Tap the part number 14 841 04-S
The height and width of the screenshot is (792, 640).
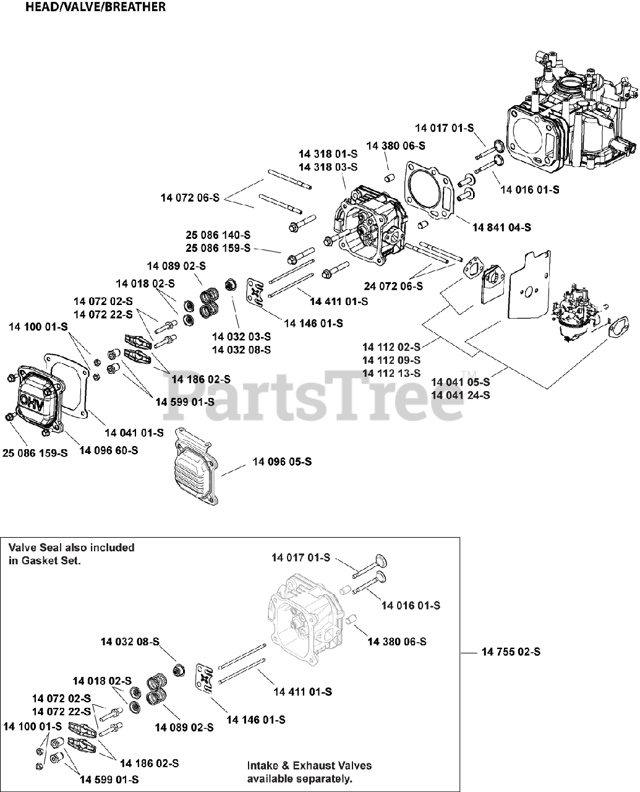click(501, 228)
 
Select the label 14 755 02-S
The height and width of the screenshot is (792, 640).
click(510, 652)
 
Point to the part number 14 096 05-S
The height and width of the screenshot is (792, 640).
click(282, 462)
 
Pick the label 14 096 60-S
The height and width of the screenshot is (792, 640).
click(108, 450)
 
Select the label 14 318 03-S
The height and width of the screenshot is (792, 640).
click(328, 168)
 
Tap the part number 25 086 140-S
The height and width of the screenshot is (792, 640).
click(218, 235)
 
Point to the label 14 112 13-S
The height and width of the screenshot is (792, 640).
click(391, 373)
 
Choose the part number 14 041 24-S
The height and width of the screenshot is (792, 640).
click(460, 395)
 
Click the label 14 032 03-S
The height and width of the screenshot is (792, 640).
click(241, 337)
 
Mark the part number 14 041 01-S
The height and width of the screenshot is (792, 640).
click(134, 433)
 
